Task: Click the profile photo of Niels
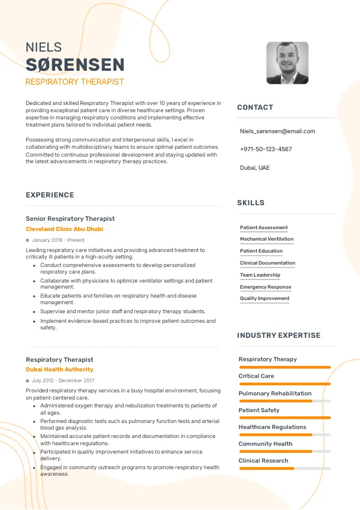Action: tap(287, 63)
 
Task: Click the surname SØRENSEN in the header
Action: tap(75, 65)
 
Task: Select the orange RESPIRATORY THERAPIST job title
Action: tap(74, 82)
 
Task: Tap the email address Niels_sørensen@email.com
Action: tap(277, 131)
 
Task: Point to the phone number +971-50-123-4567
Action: tap(266, 149)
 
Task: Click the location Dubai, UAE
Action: tap(254, 167)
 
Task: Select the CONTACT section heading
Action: tap(255, 107)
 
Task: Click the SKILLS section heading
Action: tap(251, 203)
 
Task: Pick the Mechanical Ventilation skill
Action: tap(266, 239)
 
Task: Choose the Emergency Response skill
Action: tap(265, 287)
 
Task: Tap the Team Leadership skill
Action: tap(260, 275)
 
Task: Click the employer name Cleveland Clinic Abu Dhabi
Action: tap(64, 229)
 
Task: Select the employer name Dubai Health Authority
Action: tap(59, 370)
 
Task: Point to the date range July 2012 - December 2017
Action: tap(63, 380)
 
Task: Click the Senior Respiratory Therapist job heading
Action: tap(70, 219)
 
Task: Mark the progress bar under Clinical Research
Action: tap(284, 468)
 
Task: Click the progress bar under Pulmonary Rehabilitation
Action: tap(284, 401)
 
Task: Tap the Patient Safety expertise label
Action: tap(259, 410)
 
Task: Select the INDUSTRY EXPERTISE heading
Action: tap(278, 335)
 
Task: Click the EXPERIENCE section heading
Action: tap(50, 195)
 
